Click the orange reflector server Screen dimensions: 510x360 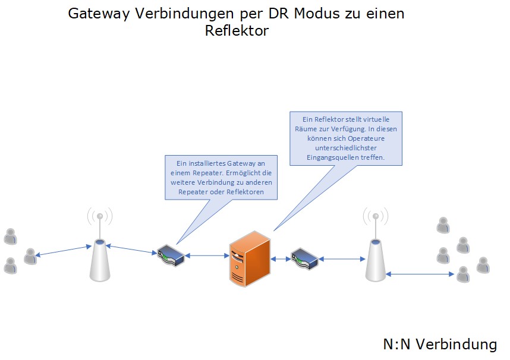(x=250, y=259)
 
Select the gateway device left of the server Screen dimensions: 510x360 (x=171, y=255)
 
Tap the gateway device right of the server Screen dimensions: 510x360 (x=304, y=259)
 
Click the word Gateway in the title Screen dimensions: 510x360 (x=99, y=14)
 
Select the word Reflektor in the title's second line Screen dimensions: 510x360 (x=237, y=31)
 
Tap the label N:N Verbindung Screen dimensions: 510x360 (x=440, y=344)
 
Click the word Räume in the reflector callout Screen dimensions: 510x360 (x=305, y=129)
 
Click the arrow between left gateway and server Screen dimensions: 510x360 (x=207, y=255)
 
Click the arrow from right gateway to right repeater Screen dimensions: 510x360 (x=342, y=259)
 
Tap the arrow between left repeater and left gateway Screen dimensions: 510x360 (x=131, y=250)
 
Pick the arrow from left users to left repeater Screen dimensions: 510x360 (x=63, y=251)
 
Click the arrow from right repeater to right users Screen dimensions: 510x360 (x=420, y=274)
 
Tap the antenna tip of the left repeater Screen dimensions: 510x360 (x=100, y=216)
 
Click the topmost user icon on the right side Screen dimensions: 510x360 (x=443, y=225)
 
